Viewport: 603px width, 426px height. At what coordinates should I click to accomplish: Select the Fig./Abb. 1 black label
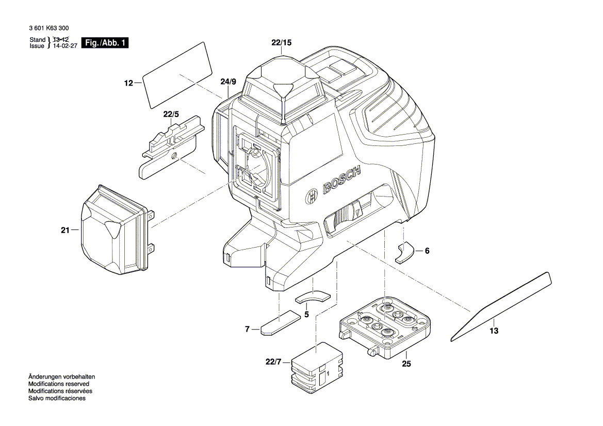click(x=105, y=43)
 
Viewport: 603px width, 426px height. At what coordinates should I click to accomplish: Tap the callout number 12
click(x=128, y=83)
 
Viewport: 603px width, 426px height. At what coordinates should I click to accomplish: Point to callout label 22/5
click(x=171, y=114)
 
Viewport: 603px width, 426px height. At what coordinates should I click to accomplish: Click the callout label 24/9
click(x=229, y=81)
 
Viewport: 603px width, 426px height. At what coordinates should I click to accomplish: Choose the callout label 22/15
click(x=282, y=43)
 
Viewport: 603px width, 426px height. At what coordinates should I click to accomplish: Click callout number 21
click(x=66, y=231)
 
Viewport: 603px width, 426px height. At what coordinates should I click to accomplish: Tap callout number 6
click(x=427, y=251)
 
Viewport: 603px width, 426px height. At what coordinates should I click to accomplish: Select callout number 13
click(x=494, y=331)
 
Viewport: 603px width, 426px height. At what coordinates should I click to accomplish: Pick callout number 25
click(x=406, y=363)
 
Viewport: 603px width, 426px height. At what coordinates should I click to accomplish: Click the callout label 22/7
click(x=273, y=362)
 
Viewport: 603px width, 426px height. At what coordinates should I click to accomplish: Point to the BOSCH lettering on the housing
click(x=342, y=180)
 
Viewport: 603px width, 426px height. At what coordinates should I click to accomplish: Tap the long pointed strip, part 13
click(x=501, y=306)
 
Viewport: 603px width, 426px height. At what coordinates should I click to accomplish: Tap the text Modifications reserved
click(x=59, y=384)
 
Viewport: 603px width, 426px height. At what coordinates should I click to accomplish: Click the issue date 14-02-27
click(x=65, y=46)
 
